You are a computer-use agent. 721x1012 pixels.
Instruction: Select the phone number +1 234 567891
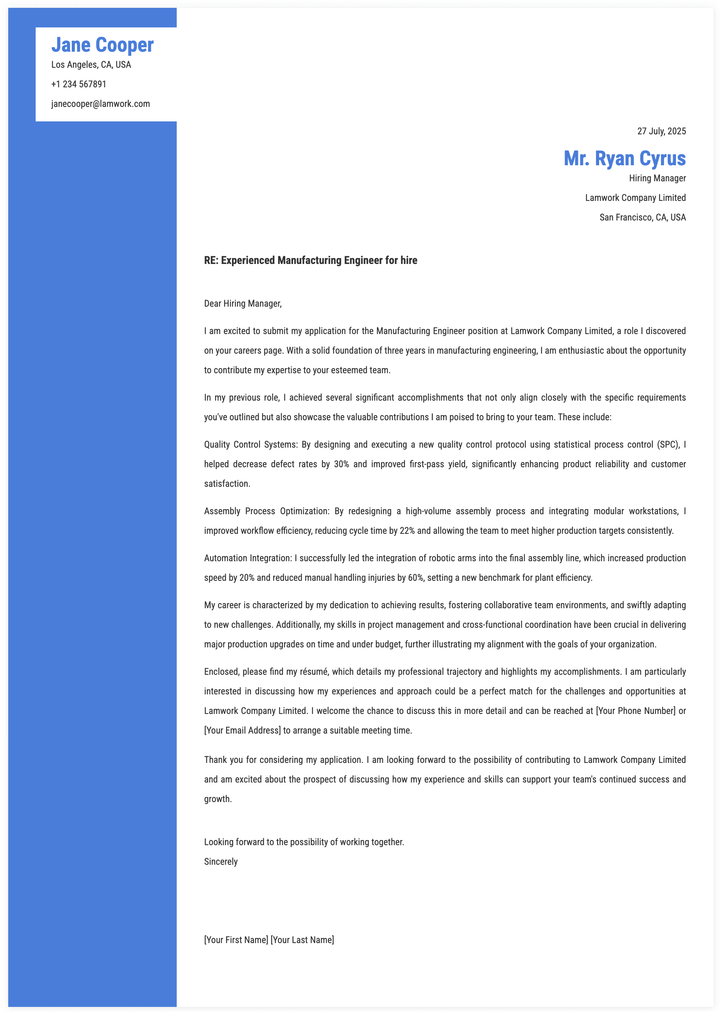pos(79,84)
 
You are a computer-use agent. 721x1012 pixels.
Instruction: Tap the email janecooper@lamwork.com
pos(100,104)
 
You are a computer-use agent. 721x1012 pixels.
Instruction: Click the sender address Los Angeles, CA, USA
pos(91,65)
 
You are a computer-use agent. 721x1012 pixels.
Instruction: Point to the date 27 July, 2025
pos(661,131)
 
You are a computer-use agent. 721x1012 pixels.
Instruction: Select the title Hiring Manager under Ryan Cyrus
pos(657,178)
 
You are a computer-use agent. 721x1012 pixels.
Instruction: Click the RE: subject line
pos(310,260)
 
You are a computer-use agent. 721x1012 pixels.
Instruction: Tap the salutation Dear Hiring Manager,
pos(243,304)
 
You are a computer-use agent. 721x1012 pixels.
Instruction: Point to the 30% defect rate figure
pos(341,464)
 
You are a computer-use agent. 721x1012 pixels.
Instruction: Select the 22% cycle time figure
pos(407,531)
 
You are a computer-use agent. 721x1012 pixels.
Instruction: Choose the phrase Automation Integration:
pos(248,558)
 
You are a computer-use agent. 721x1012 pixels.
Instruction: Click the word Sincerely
pos(221,862)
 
